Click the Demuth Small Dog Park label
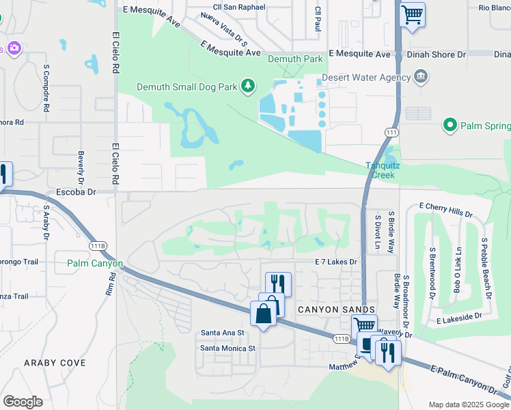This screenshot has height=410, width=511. (x=189, y=87)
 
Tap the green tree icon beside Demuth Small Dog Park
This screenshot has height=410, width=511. (x=249, y=85)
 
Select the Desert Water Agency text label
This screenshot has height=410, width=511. (x=365, y=77)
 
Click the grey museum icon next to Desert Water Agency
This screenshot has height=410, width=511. (x=420, y=77)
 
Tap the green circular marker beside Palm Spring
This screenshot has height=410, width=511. (x=450, y=125)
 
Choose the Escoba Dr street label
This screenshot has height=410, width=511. (x=77, y=192)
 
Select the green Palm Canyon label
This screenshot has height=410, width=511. (x=95, y=263)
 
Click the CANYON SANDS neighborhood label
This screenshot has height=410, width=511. (x=327, y=310)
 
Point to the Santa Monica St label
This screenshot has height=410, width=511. (x=227, y=348)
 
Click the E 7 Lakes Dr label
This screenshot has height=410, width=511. (x=336, y=262)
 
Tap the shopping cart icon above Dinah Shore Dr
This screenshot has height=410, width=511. (x=412, y=14)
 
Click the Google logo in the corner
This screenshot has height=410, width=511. (x=23, y=402)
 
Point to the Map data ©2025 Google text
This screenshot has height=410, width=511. (x=468, y=405)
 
